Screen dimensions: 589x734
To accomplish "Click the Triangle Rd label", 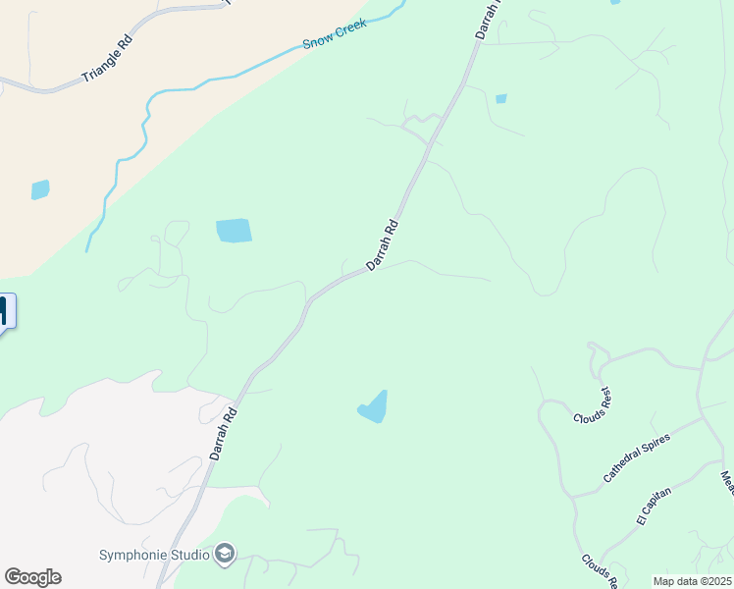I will (107, 60).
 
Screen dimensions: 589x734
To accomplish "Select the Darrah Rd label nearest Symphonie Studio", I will (224, 434).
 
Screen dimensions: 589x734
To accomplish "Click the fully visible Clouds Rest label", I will (593, 404).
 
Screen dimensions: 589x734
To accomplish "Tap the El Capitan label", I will (655, 509).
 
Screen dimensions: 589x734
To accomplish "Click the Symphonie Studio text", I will (154, 555).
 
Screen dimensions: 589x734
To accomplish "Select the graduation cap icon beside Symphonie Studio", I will (226, 555).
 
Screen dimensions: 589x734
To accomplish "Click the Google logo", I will (32, 577).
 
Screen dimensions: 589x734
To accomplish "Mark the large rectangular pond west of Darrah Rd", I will (234, 231).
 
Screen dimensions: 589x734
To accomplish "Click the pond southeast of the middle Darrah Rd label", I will (374, 407).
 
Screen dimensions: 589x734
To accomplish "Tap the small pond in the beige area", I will (40, 189).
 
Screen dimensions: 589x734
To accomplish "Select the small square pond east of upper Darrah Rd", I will (501, 98).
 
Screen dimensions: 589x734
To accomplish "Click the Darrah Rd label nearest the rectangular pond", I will (382, 244).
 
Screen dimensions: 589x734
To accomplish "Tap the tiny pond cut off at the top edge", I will (614, 3).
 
